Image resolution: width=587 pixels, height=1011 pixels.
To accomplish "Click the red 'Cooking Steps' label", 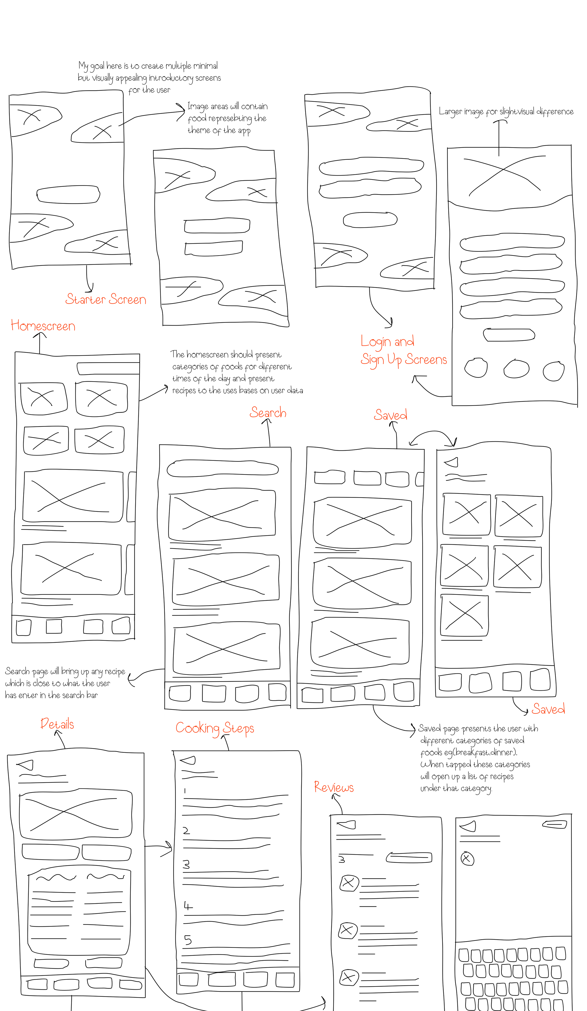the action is (215, 728).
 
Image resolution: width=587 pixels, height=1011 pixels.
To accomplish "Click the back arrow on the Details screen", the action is (26, 765).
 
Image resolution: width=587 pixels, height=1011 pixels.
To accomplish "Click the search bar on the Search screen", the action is (222, 468).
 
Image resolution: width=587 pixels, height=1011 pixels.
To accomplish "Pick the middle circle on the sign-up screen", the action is (516, 368).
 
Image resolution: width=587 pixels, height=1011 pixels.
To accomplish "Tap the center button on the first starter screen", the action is (68, 195).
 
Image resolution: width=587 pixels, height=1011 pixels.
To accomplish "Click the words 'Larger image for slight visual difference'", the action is (506, 111).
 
